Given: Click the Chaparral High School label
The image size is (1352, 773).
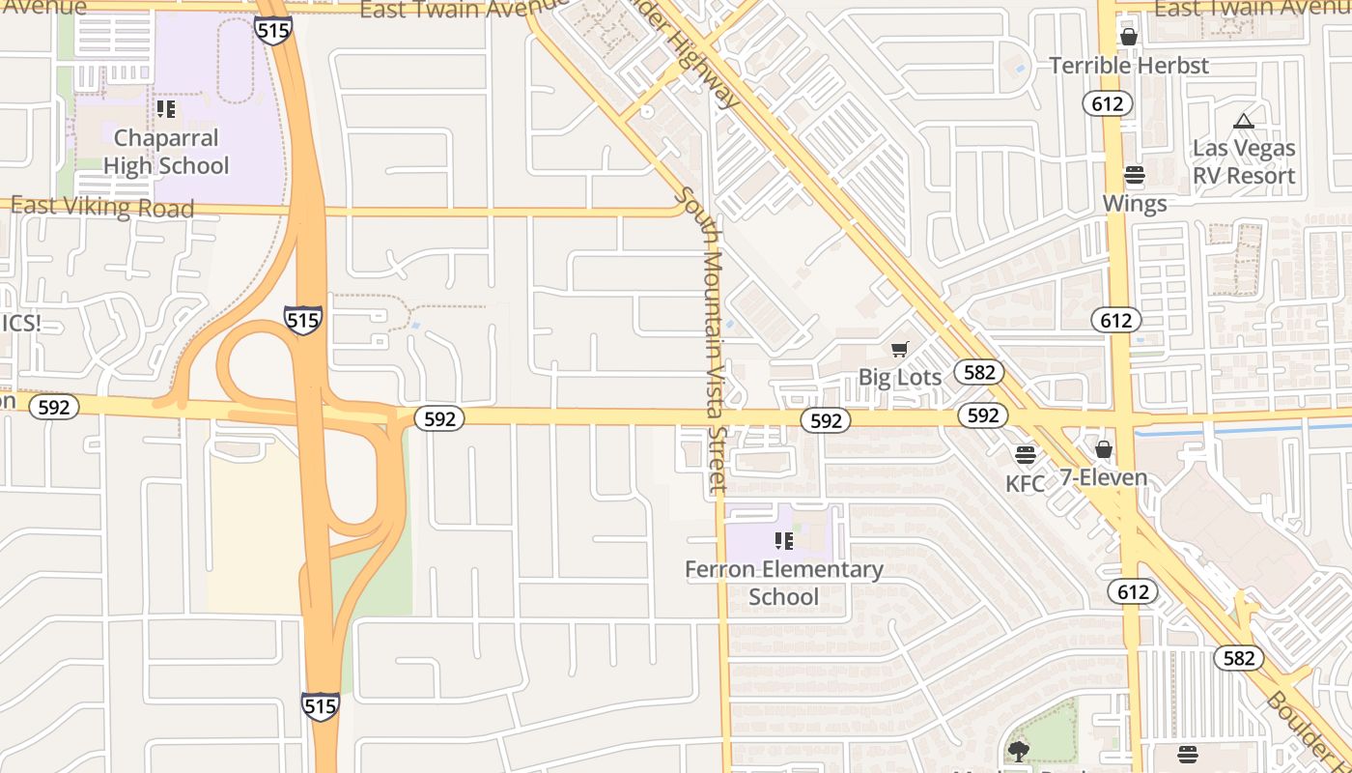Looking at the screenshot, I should (x=166, y=152).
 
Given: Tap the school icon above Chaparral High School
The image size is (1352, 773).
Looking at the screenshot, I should (x=165, y=108).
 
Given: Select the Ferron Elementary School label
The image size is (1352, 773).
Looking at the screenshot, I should (x=783, y=583).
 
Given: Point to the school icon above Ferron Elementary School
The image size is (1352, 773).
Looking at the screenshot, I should (x=783, y=540).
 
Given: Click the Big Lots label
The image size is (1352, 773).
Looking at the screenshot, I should (x=899, y=377).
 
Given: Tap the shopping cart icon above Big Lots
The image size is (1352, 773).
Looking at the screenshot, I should (x=899, y=349).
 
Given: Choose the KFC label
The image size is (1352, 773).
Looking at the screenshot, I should (x=1025, y=483).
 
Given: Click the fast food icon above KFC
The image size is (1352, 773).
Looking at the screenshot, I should (x=1025, y=454).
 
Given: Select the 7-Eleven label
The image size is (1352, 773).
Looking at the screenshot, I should (x=1103, y=477).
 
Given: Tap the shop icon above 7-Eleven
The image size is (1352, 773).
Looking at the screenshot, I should (x=1103, y=449).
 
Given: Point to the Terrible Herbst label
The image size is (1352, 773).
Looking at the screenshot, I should (x=1128, y=66).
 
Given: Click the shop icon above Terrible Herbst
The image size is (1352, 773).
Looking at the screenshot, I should (x=1128, y=37).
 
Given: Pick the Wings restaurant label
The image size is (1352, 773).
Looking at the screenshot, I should (x=1134, y=203).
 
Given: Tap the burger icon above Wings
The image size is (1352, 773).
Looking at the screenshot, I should (x=1134, y=175).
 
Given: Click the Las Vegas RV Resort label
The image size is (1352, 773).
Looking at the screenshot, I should (x=1243, y=161).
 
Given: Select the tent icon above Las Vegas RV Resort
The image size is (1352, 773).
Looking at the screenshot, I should (x=1243, y=121).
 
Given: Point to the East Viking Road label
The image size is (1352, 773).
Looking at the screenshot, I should (x=102, y=207).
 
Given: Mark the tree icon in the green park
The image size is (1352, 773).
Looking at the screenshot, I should (x=1018, y=750).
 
